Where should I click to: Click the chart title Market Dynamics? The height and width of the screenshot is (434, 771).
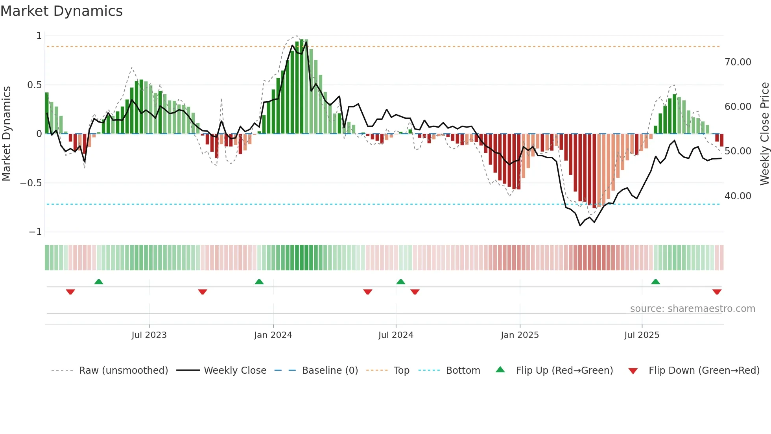pyautogui.click(x=62, y=11)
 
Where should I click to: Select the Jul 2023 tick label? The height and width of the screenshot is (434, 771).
pyautogui.click(x=149, y=335)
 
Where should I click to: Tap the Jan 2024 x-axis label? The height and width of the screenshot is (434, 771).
pyautogui.click(x=273, y=335)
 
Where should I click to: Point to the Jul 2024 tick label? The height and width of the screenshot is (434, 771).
pyautogui.click(x=396, y=335)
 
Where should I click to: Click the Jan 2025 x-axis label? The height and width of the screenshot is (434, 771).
pyautogui.click(x=520, y=335)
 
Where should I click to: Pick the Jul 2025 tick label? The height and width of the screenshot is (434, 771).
pyautogui.click(x=642, y=335)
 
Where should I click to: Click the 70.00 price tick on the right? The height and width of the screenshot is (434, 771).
pyautogui.click(x=738, y=62)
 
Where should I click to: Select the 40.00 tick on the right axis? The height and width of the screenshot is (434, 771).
pyautogui.click(x=738, y=196)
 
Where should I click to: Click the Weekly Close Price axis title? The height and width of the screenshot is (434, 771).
pyautogui.click(x=764, y=134)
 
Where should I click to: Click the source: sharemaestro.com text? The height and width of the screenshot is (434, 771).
pyautogui.click(x=692, y=309)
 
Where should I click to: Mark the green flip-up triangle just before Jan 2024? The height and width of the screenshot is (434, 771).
pyautogui.click(x=259, y=282)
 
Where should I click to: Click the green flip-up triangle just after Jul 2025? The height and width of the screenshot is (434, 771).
pyautogui.click(x=655, y=282)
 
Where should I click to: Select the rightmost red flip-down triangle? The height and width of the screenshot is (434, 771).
pyautogui.click(x=717, y=292)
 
